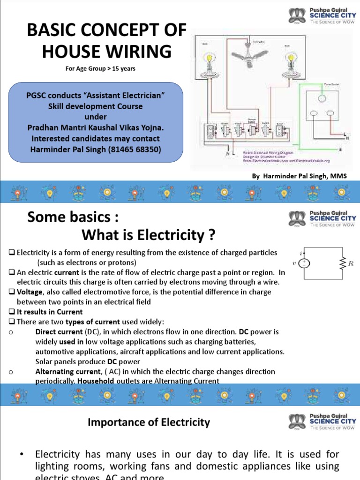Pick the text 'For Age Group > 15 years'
pyautogui.click(x=100, y=69)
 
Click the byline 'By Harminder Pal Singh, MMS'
pyautogui.click(x=299, y=176)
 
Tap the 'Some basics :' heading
pyautogui.click(x=70, y=217)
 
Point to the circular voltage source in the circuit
pyautogui.click(x=304, y=263)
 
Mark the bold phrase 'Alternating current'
pyautogui.click(x=65, y=371)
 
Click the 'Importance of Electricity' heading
pyautogui.click(x=149, y=422)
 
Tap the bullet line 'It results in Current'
pyautogui.click(x=49, y=312)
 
